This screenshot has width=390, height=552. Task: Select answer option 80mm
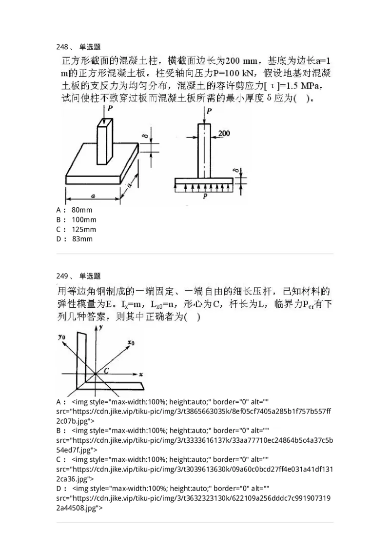[81, 210]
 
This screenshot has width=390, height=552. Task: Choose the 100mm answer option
[83, 219]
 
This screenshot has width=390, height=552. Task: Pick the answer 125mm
[83, 229]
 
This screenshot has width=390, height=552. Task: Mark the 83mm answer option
[81, 239]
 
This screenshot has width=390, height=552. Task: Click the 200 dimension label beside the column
[225, 133]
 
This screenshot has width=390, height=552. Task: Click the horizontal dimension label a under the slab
[93, 196]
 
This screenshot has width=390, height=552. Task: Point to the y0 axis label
[62, 336]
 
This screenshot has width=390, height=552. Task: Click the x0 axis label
[130, 343]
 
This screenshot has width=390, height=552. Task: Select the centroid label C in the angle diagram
[105, 370]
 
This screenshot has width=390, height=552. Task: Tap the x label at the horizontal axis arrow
[140, 375]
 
